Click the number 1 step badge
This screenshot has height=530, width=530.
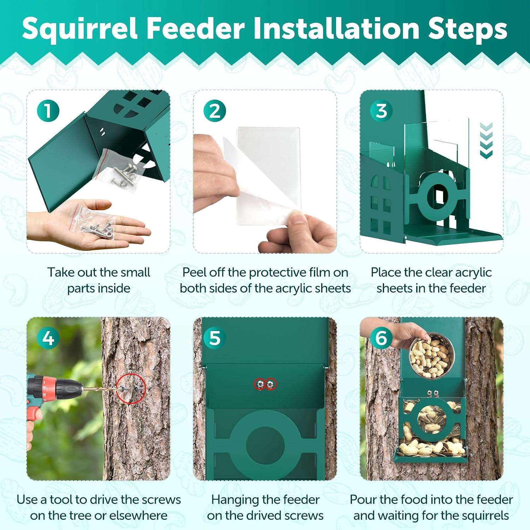[48, 111]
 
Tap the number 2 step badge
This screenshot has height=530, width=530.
[214, 111]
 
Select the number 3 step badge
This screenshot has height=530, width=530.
[381, 111]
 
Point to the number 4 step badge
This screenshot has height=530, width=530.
[48, 338]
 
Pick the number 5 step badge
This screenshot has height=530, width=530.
[214, 338]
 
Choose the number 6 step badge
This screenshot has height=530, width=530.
[381, 338]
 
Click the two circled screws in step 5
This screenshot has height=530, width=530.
[265, 384]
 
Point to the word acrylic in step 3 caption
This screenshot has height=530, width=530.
[473, 273]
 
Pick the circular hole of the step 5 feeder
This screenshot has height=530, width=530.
[265, 444]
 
